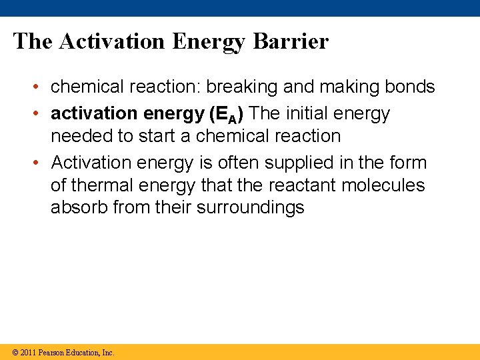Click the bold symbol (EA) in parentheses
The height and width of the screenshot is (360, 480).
[226, 114]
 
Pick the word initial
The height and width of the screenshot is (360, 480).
[310, 114]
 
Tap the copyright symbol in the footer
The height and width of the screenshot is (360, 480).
[13, 353]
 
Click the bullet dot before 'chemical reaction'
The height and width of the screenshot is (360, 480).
[41, 87]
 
